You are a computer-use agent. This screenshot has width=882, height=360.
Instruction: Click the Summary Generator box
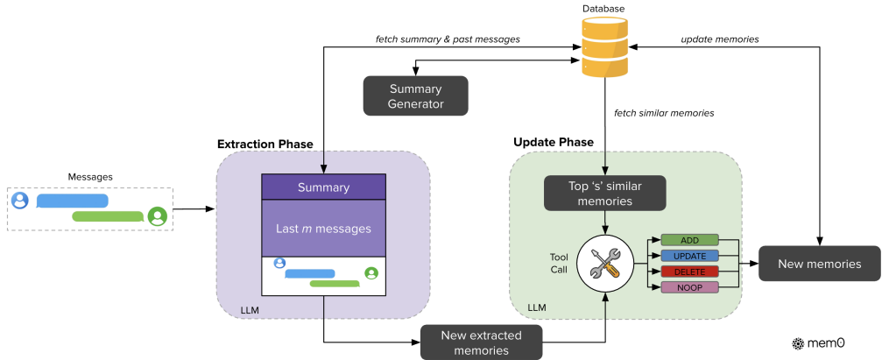(x=416, y=95)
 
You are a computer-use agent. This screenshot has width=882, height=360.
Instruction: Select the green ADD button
(x=689, y=239)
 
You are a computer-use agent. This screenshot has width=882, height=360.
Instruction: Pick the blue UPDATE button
(x=689, y=256)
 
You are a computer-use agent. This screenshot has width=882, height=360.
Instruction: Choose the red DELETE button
(x=689, y=272)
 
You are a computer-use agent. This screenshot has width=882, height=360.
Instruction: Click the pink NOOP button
(x=689, y=287)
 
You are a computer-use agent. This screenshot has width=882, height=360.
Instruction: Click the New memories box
(x=819, y=263)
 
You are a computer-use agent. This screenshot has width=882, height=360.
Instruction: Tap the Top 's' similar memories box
(x=605, y=193)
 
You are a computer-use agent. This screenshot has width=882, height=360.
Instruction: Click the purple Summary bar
(x=323, y=187)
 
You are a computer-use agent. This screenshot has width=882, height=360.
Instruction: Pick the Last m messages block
(x=323, y=229)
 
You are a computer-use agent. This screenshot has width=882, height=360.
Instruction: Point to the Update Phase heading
(x=554, y=141)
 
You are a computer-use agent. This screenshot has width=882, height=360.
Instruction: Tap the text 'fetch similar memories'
(x=663, y=113)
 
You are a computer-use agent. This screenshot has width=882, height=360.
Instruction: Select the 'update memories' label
(x=720, y=39)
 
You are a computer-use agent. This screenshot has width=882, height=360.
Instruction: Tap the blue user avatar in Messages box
(x=20, y=201)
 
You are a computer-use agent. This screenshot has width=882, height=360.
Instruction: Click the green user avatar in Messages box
(x=158, y=215)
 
